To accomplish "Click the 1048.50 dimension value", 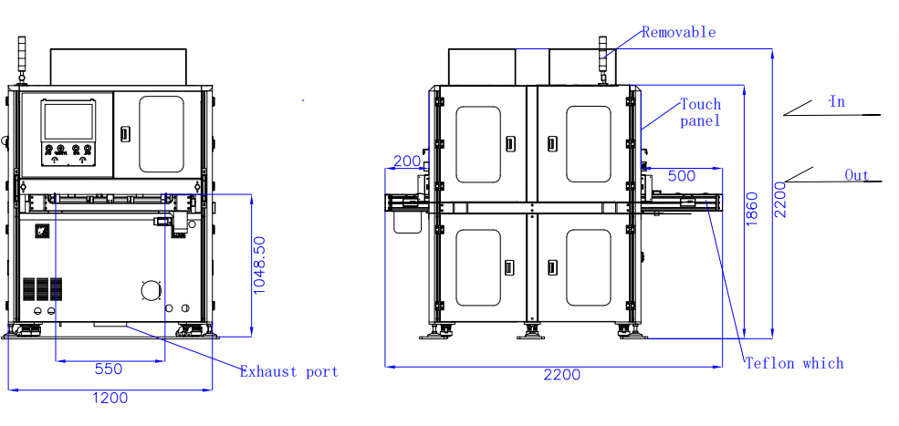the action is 260,265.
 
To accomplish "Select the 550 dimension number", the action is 109,369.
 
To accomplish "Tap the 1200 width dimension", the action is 110,398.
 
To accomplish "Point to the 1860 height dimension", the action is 752,209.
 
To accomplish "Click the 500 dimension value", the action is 682,176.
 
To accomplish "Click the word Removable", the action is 678,32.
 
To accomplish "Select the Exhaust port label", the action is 289,372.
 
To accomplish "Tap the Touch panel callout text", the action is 701,112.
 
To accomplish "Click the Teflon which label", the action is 794,363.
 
